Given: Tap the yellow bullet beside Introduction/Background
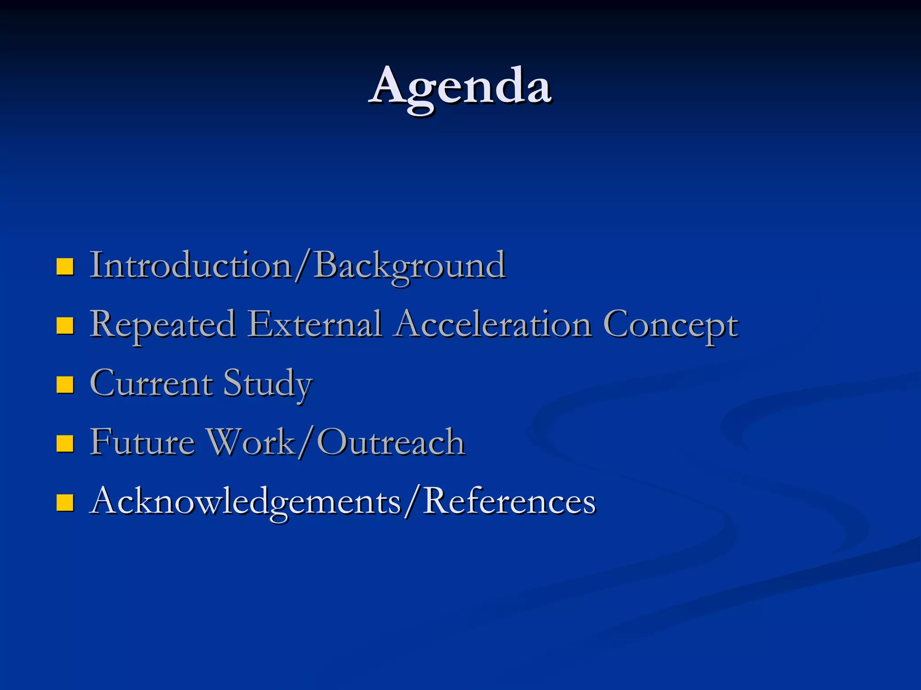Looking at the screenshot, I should [x=65, y=266].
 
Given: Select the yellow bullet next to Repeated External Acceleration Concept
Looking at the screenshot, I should [x=65, y=325].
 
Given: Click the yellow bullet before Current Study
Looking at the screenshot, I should [x=65, y=384].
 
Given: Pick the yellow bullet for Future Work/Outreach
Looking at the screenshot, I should [x=65, y=443].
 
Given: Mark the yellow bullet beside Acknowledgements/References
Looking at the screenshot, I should [x=65, y=502].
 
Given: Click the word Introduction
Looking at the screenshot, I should [x=191, y=265].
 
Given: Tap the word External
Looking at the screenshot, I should [x=315, y=324].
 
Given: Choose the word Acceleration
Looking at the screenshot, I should [x=493, y=324].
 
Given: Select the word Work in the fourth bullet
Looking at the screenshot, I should [x=250, y=443].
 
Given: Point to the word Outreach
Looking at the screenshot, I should [x=390, y=443].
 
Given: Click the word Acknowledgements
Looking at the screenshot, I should [x=246, y=502].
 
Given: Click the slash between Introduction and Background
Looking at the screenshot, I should [x=303, y=266].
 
